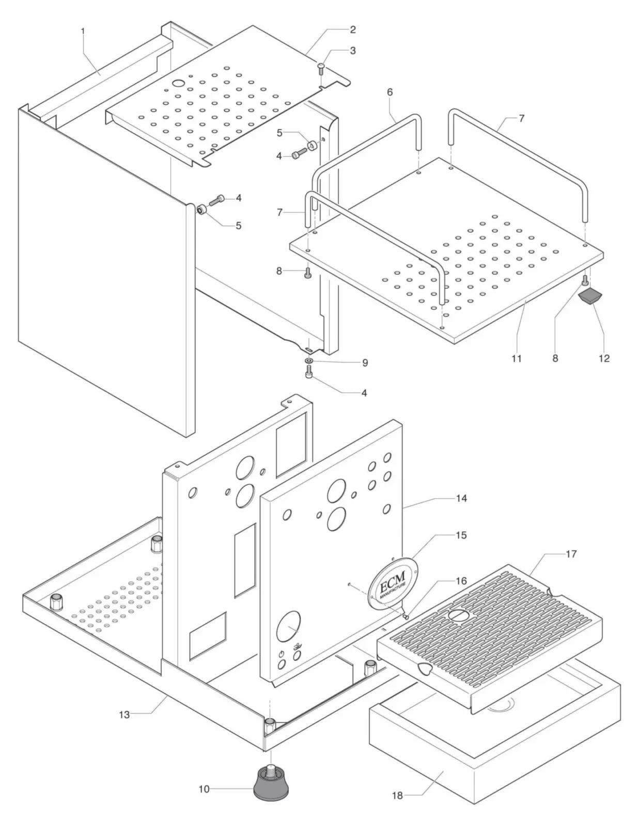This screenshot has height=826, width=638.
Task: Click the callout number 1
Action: [83, 31]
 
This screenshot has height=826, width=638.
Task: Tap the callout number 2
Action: [353, 29]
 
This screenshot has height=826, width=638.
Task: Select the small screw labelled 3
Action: [320, 67]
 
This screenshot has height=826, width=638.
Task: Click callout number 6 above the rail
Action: [390, 92]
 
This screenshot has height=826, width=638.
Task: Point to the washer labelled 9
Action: [308, 360]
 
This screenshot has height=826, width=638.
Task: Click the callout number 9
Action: [365, 363]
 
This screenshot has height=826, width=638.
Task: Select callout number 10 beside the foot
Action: [204, 789]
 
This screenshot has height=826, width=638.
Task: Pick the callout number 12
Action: [604, 358]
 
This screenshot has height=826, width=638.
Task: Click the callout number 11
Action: [517, 358]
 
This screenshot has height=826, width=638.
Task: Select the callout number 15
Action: [461, 535]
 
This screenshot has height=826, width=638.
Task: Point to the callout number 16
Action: [461, 581]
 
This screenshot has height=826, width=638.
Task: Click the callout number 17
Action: [571, 554]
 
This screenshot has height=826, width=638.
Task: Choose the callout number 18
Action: [397, 796]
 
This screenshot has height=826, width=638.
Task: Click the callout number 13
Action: [125, 714]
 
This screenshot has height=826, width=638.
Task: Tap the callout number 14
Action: [461, 498]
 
